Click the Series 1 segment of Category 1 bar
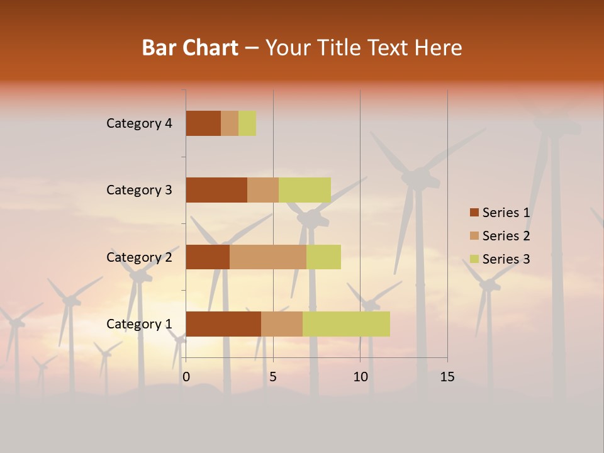pyautogui.click(x=223, y=324)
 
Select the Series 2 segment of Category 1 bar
pyautogui.click(x=282, y=324)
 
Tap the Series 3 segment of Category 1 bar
pyautogui.click(x=346, y=324)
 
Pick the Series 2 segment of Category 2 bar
pyautogui.click(x=268, y=257)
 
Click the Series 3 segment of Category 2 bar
pyautogui.click(x=323, y=257)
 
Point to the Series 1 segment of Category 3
pyautogui.click(x=216, y=190)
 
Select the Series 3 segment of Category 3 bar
pyautogui.click(x=305, y=190)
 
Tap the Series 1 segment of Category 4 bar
pyautogui.click(x=203, y=123)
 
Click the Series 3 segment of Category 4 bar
pyautogui.click(x=247, y=123)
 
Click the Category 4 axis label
pyautogui.click(x=139, y=123)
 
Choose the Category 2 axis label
pyautogui.click(x=139, y=257)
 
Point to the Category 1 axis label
pyautogui.click(x=139, y=324)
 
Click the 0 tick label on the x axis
pyautogui.click(x=186, y=377)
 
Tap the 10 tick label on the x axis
pyautogui.click(x=360, y=377)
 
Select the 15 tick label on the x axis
pyautogui.click(x=447, y=377)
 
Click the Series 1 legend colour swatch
pyautogui.click(x=474, y=213)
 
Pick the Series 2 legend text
pyautogui.click(x=506, y=236)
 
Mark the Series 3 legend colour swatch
pyautogui.click(x=474, y=259)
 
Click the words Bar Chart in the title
pyautogui.click(x=190, y=48)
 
